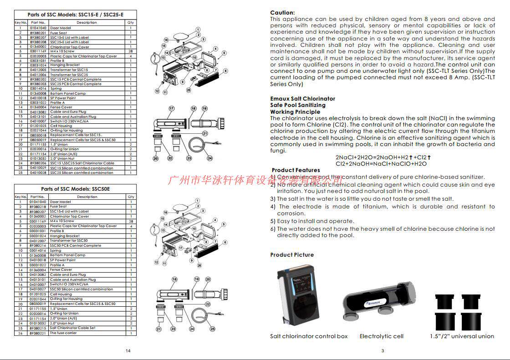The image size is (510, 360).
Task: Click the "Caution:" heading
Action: point(282,13)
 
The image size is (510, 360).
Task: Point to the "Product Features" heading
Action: point(296,170)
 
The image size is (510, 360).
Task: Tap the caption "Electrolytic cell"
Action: point(382,336)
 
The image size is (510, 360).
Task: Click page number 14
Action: point(128,350)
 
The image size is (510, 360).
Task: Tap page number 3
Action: point(382,350)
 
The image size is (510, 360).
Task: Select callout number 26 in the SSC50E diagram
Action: point(199,265)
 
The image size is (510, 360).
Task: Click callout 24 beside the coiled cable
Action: point(209,158)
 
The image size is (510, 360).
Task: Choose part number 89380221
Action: point(38,333)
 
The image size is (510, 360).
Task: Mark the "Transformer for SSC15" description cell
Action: point(69,70)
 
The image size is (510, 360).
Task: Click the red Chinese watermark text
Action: point(255,180)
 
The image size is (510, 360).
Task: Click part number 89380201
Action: point(38,33)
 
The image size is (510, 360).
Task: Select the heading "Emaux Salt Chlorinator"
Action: point(302,99)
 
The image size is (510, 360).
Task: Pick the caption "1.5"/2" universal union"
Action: point(462,336)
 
